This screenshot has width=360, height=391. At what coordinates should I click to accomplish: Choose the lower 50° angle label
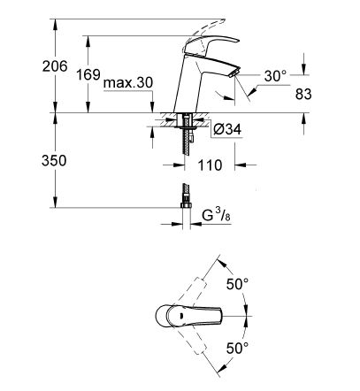(237, 349)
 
